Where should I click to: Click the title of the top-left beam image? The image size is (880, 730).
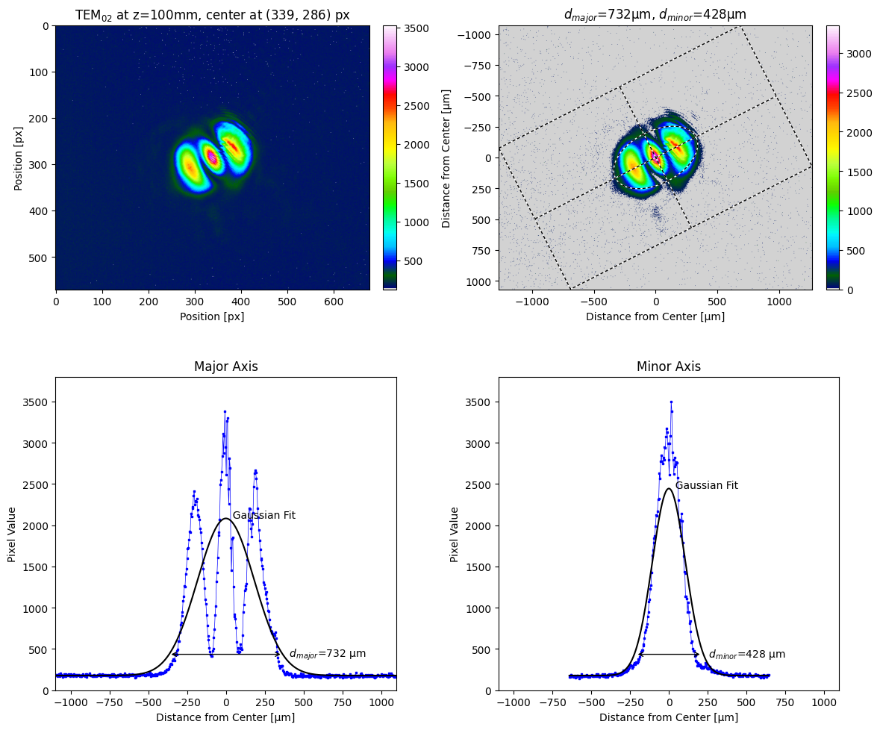click(212, 14)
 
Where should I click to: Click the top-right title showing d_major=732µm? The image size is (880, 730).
click(655, 14)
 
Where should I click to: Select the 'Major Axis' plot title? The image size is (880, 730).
click(225, 366)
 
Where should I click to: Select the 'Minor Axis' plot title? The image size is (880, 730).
click(668, 366)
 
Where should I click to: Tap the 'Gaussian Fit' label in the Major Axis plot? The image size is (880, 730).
click(263, 515)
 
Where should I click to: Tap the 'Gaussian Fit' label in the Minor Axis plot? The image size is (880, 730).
click(706, 485)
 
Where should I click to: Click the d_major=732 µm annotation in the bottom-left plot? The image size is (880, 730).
click(327, 653)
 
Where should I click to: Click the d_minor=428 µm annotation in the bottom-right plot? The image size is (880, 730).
click(746, 654)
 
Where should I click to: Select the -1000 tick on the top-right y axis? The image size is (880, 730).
click(474, 34)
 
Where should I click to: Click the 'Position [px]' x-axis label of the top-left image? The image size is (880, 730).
click(212, 316)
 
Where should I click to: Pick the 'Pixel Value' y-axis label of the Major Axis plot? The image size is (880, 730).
click(12, 534)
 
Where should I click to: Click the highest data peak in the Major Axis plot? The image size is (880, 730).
click(225, 411)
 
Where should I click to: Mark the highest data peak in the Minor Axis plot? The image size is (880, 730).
click(671, 402)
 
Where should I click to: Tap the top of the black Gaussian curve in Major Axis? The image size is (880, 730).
click(225, 518)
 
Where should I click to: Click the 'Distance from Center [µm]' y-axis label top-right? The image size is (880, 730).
click(446, 157)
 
